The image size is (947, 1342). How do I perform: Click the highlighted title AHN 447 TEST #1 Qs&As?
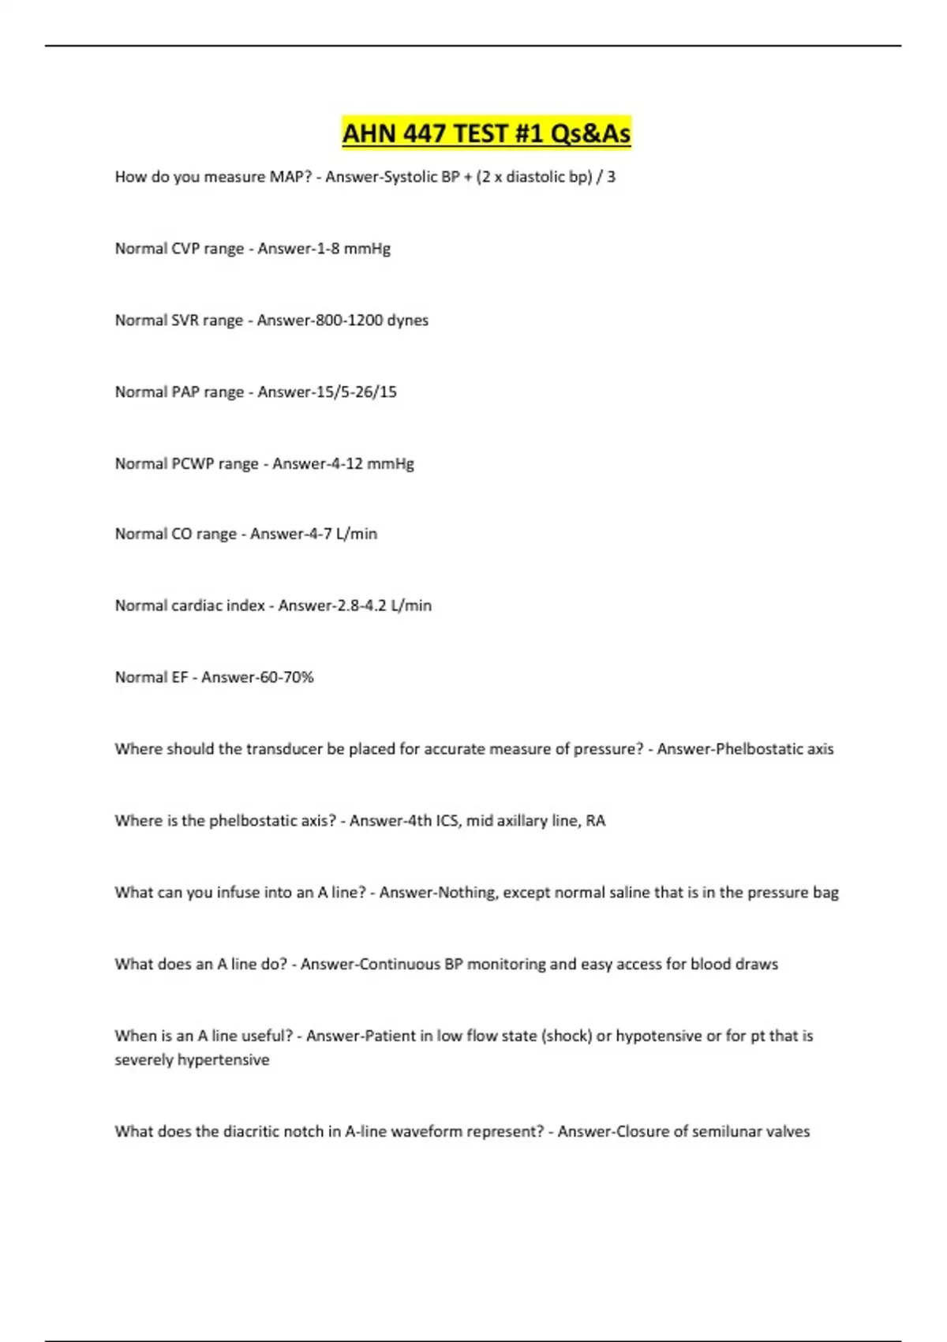coord(486,133)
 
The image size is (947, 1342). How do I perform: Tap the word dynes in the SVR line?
coord(407,321)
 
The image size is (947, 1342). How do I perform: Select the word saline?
coord(628,893)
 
